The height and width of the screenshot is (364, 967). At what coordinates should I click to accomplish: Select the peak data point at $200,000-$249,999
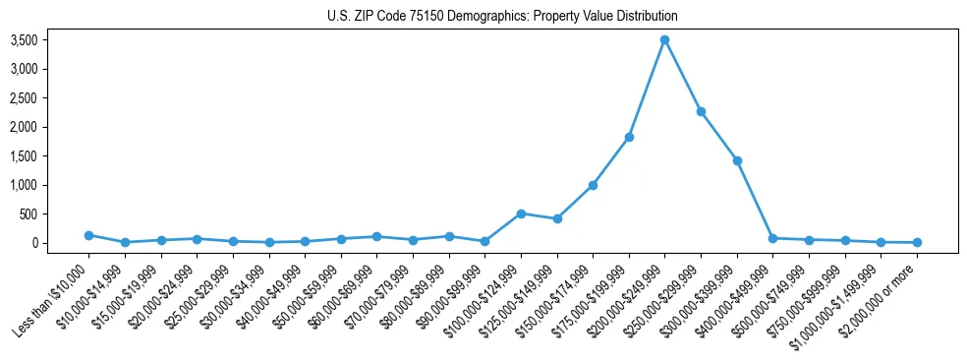[x=664, y=39]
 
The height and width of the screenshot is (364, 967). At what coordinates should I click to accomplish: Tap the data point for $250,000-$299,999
[x=701, y=111]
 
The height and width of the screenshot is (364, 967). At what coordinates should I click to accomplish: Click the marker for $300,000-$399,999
[x=737, y=160]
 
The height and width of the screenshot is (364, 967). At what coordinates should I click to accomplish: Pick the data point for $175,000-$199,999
[x=629, y=137]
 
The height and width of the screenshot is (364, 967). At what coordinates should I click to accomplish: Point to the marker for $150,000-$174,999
[x=593, y=185]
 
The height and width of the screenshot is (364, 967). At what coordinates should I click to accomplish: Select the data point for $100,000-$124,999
[x=521, y=213]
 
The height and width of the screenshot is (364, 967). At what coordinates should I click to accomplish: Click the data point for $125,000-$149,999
[x=557, y=218]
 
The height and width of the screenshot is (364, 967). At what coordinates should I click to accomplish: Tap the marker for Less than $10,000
[x=88, y=235]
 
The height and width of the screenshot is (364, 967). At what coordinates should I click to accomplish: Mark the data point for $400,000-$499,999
[x=772, y=238]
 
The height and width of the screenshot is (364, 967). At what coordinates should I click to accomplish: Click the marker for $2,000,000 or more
[x=917, y=242]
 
